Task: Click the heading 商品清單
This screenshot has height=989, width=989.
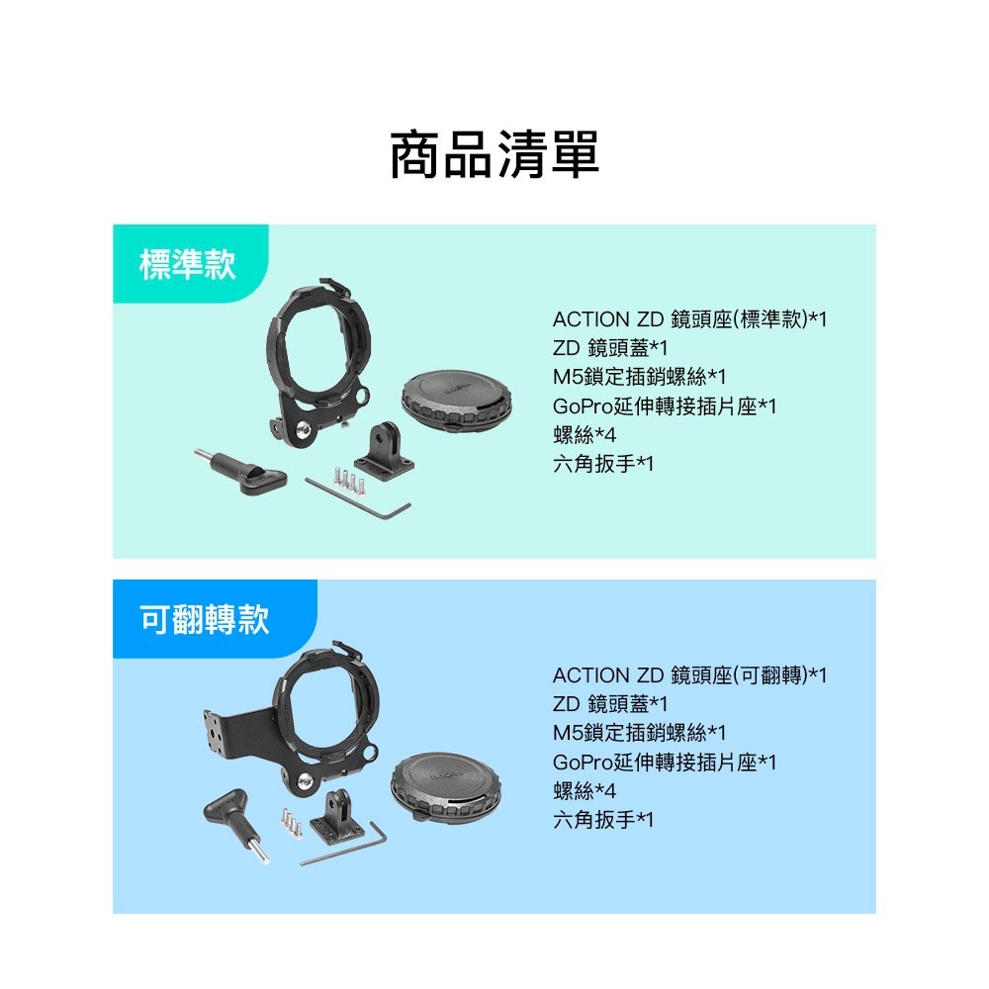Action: click(x=494, y=155)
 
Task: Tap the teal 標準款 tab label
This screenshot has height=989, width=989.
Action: click(x=189, y=264)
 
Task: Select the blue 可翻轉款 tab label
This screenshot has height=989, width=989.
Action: click(x=205, y=620)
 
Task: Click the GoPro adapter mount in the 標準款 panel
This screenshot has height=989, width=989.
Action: click(x=384, y=449)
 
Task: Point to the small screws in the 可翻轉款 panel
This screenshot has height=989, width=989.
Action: click(x=291, y=822)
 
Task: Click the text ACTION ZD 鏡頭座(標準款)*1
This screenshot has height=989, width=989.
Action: click(x=689, y=319)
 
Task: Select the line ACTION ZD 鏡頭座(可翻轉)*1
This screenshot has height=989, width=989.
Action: click(x=689, y=675)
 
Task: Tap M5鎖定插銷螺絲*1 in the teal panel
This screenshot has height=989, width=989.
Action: click(x=640, y=377)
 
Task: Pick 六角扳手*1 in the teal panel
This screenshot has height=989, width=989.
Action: click(x=603, y=463)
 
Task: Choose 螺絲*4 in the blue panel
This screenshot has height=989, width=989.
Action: click(x=584, y=791)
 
